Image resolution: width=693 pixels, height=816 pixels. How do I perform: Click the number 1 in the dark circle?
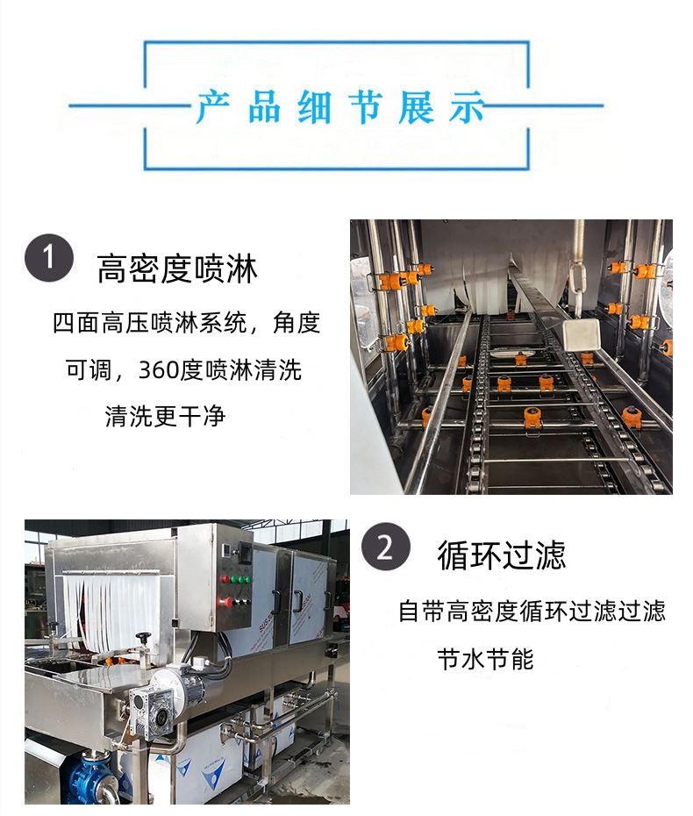[x=49, y=257]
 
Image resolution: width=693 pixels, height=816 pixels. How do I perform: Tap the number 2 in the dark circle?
[x=385, y=548]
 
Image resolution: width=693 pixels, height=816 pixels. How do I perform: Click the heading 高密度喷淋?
[x=177, y=268]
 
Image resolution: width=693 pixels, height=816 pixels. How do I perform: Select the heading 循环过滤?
[x=501, y=555]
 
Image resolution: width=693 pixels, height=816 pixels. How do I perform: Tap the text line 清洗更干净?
[x=165, y=416]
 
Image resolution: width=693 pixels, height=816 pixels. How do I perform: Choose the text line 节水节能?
[x=485, y=660]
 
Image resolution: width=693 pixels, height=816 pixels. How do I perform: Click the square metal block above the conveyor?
[x=581, y=335]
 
